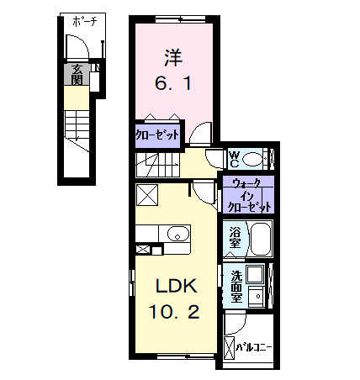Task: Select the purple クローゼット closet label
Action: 156,135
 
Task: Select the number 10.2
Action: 174,312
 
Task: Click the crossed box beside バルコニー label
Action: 230,346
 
